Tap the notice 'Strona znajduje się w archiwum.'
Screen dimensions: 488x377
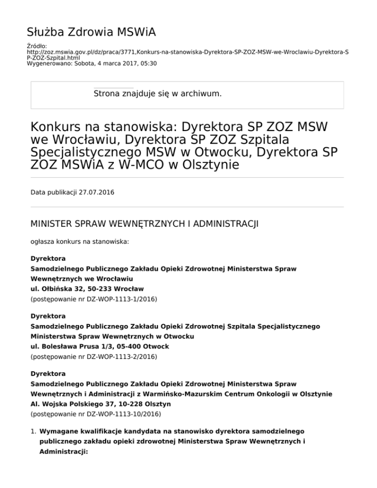(158, 92)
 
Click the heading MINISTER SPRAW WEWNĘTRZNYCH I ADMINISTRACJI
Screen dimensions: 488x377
(145, 224)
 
